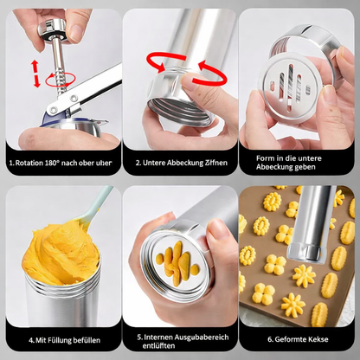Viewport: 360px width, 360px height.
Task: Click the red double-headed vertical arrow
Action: click(35, 74)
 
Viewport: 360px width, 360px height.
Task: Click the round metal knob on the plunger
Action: click(52, 29)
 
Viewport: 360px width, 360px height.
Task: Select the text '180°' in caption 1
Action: click(52, 163)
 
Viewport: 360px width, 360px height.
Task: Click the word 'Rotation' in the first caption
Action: click(29, 163)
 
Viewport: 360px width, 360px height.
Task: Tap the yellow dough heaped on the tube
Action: click(61, 254)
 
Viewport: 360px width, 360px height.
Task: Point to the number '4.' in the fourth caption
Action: click(31, 340)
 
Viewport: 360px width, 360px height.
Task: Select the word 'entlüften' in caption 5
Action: click(158, 345)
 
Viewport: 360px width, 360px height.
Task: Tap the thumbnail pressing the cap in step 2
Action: click(189, 80)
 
